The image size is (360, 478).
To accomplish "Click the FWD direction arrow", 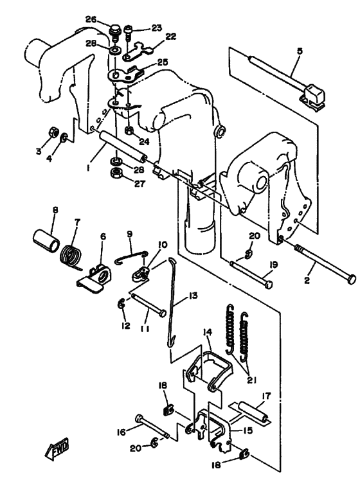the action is pyautogui.click(x=57, y=448).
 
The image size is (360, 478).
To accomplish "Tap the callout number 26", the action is pyautogui.click(x=91, y=20).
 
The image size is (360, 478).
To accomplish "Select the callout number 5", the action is pyautogui.click(x=300, y=51).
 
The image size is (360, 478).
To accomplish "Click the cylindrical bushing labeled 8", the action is pyautogui.click(x=46, y=240).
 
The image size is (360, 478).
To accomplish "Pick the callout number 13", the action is pyautogui.click(x=193, y=296).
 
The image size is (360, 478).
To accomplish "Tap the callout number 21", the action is pyautogui.click(x=251, y=380).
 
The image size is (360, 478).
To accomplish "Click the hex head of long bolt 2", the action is pyautogui.click(x=352, y=279).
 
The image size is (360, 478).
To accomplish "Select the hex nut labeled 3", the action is pyautogui.click(x=54, y=132).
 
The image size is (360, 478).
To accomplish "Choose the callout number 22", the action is pyautogui.click(x=171, y=37).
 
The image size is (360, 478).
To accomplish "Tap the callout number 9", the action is pyautogui.click(x=130, y=234).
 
